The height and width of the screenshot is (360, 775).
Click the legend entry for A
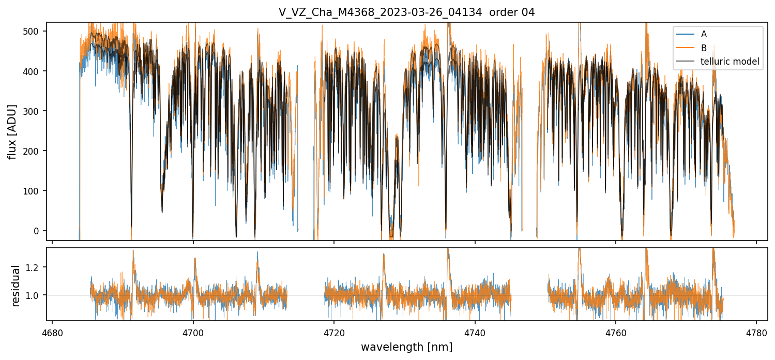(704, 34)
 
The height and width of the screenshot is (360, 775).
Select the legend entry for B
(704, 48)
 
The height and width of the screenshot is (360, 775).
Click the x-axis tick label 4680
(52, 333)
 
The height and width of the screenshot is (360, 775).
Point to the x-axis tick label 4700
(193, 333)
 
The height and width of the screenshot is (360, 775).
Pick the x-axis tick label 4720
(334, 333)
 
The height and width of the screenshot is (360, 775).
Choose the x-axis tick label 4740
(475, 333)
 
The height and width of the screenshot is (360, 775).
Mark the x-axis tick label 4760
(615, 333)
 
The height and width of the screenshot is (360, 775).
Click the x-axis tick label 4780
(756, 333)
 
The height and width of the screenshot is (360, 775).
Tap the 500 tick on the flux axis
(34, 31)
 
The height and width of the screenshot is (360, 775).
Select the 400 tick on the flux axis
(34, 71)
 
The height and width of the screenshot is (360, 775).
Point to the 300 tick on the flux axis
(34, 111)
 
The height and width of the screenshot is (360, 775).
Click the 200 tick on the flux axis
(34, 151)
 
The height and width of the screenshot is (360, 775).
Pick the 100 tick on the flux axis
(34, 191)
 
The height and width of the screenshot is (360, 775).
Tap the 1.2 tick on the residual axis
(36, 267)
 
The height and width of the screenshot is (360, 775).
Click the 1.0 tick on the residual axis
(36, 295)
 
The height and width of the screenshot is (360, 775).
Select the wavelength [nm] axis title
(406, 347)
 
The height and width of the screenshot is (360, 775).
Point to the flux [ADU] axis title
(12, 131)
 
